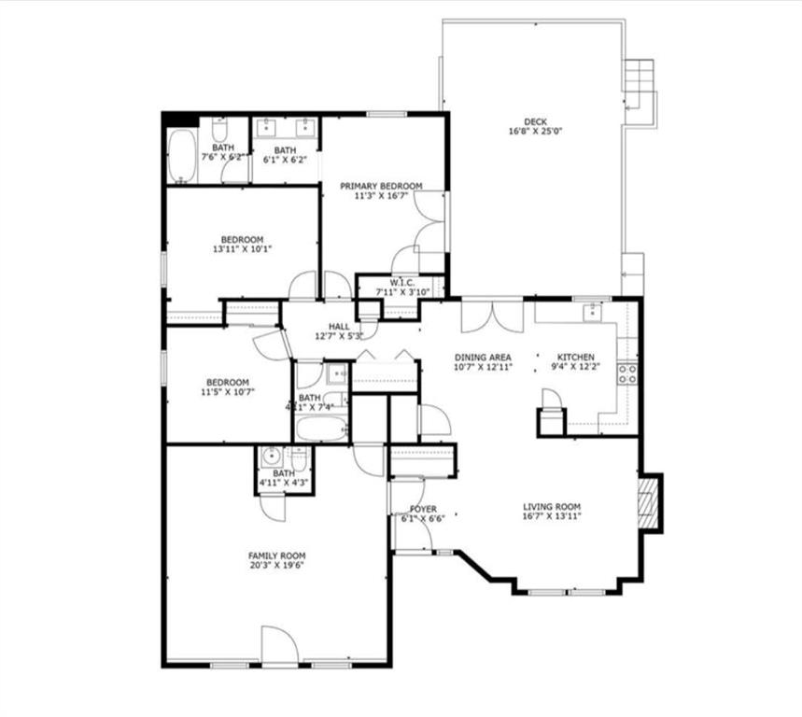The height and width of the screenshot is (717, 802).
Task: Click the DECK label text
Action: [534, 121]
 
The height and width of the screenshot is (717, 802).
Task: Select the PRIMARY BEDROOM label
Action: [381, 186]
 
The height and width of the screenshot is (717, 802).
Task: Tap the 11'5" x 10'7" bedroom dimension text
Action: [227, 393]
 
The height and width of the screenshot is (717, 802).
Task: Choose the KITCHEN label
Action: [575, 358]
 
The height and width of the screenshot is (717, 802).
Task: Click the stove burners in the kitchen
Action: [628, 373]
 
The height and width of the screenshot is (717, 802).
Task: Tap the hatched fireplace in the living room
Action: [648, 503]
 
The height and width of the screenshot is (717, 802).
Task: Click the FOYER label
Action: [423, 509]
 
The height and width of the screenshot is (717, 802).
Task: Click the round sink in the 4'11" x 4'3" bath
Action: [272, 457]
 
